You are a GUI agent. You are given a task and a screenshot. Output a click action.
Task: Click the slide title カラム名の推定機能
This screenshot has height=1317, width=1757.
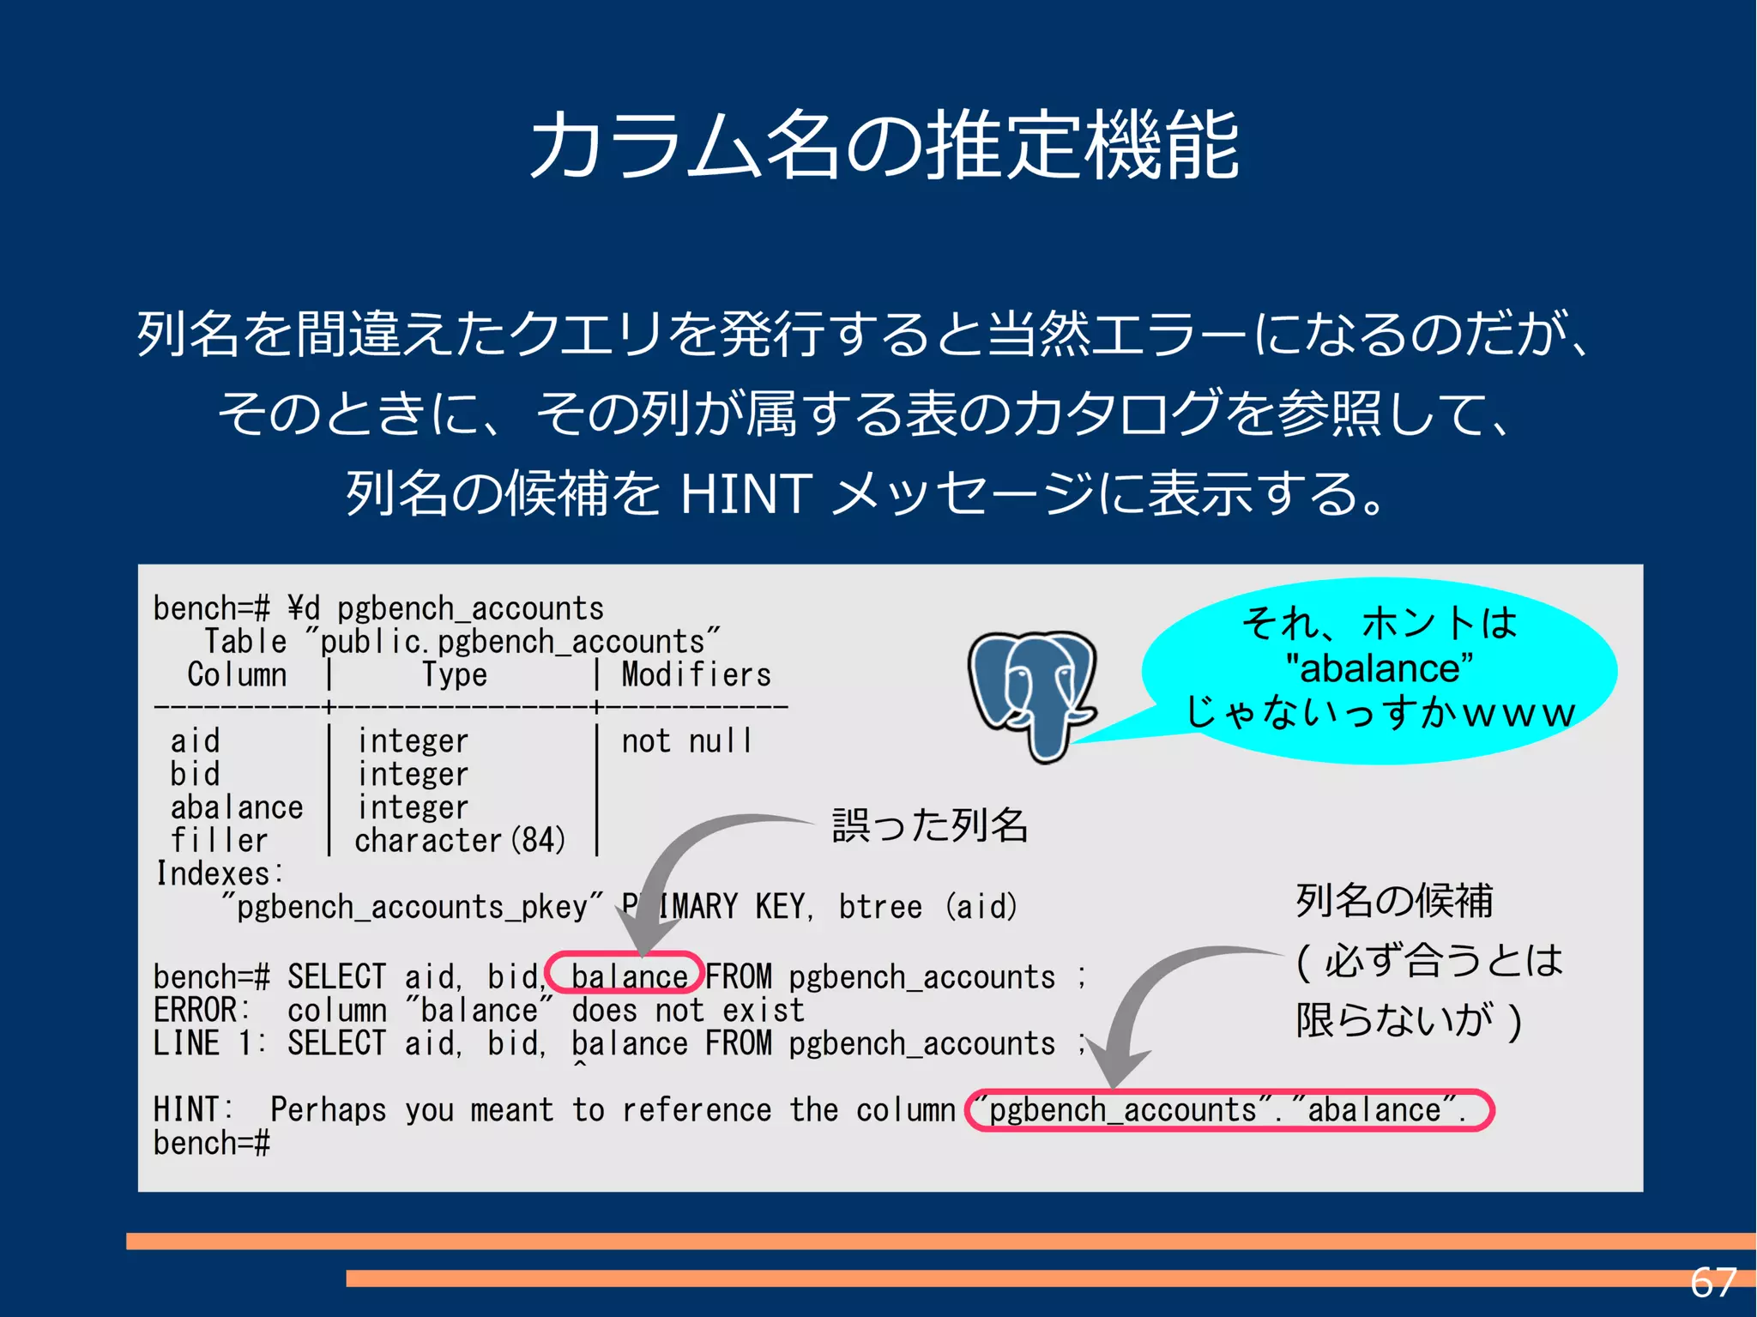(x=884, y=146)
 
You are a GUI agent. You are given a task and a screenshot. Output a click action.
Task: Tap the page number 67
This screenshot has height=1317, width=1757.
(x=1712, y=1283)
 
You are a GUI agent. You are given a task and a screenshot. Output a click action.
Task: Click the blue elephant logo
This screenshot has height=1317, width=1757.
(x=1032, y=695)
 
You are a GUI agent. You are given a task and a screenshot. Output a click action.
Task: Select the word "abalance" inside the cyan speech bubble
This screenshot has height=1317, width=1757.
(x=1380, y=668)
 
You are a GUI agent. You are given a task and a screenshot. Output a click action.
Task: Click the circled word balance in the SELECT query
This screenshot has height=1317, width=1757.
(x=628, y=976)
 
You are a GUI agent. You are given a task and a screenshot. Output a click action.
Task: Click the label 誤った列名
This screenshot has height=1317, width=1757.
(x=929, y=825)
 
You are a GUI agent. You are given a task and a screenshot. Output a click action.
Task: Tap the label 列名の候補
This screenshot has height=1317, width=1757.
(x=1394, y=901)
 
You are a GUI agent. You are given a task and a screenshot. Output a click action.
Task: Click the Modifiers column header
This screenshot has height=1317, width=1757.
(x=696, y=674)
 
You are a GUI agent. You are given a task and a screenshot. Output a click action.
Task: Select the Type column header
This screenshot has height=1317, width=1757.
(x=454, y=674)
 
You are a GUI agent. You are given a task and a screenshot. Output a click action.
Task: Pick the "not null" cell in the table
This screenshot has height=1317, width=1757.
(x=686, y=740)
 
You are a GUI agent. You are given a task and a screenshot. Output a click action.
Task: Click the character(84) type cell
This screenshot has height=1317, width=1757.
(x=460, y=841)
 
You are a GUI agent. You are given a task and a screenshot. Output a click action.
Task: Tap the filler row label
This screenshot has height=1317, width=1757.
(x=219, y=841)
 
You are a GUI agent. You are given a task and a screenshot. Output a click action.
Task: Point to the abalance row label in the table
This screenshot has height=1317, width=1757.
(x=237, y=807)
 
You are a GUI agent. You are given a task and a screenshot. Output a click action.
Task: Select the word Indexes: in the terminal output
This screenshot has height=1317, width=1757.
(x=219, y=873)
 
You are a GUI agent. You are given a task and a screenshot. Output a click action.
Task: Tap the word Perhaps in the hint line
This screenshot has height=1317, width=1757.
(x=328, y=1110)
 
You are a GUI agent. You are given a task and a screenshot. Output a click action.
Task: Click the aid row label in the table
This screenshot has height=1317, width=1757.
(x=195, y=740)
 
